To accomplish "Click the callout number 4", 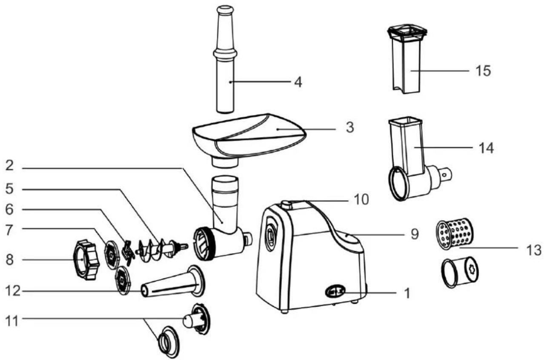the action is [x=298, y=82].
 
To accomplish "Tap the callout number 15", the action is [x=483, y=71].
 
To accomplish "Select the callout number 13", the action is [x=533, y=250].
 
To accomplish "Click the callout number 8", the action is [x=9, y=260].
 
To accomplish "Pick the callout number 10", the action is [x=361, y=199].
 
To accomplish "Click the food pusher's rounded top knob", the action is [x=225, y=10].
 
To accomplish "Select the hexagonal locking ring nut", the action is [x=86, y=260].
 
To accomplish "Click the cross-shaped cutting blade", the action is [x=128, y=253].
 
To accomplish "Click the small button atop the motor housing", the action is [x=286, y=204].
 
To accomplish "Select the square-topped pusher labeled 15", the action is [x=407, y=59].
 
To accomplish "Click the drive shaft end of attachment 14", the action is [x=445, y=175].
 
